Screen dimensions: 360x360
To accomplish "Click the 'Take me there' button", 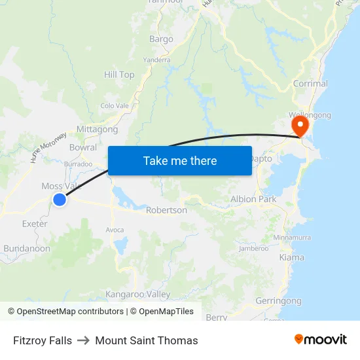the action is click(x=180, y=160).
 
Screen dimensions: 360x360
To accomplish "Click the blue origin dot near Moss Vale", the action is click(x=60, y=200).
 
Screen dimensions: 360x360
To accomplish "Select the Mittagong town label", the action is click(x=97, y=129).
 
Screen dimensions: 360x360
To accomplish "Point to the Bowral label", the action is click(x=82, y=147).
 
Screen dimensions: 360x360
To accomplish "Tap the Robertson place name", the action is click(x=166, y=210).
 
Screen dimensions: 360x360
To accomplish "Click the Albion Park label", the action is click(x=253, y=199).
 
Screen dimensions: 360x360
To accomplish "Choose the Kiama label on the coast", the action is click(x=291, y=257).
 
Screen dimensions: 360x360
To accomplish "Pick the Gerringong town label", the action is click(x=279, y=300).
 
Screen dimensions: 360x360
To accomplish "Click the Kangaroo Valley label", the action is click(x=137, y=295).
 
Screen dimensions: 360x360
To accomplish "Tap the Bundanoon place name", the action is click(x=27, y=249).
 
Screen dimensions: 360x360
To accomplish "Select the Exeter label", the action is click(x=35, y=224).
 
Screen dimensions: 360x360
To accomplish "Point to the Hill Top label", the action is click(x=119, y=75).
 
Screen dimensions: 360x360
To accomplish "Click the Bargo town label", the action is click(x=161, y=39).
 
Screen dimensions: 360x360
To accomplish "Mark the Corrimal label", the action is click(x=310, y=84).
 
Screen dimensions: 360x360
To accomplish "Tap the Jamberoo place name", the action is click(x=254, y=248).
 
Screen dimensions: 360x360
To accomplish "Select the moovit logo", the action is click(x=321, y=340).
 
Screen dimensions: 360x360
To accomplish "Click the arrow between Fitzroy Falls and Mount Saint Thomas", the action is click(x=84, y=340).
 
